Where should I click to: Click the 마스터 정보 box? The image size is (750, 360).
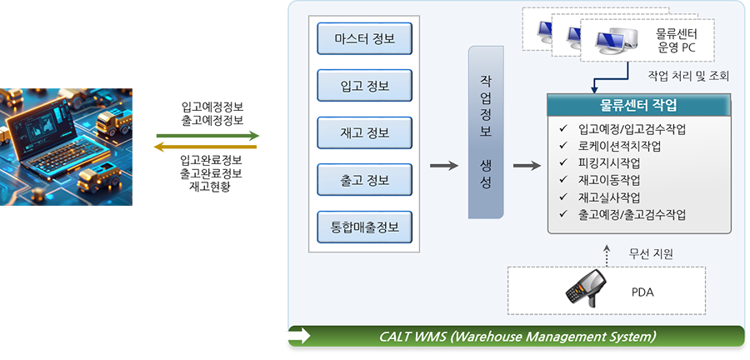tap(365, 38)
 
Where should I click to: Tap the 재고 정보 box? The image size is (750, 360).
tap(365, 132)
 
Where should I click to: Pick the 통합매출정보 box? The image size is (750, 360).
tap(365, 226)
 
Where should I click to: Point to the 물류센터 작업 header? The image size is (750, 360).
tap(638, 106)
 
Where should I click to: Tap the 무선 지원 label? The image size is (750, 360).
tap(651, 252)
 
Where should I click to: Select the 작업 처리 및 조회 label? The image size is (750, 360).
tap(688, 76)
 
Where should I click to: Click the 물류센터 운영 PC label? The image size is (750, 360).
tap(676, 42)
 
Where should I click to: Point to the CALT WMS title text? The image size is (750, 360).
tap(517, 337)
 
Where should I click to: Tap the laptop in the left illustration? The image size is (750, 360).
tap(50, 133)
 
